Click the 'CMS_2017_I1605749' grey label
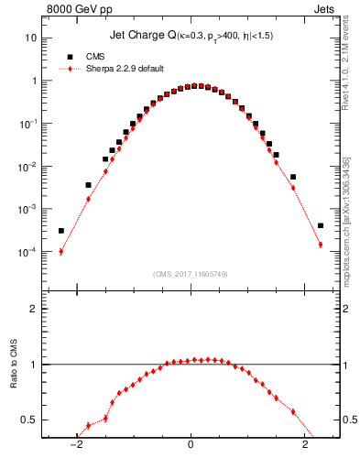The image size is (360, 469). coord(191,274)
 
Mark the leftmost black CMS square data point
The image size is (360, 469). coord(60,231)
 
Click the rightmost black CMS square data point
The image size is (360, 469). coord(321,225)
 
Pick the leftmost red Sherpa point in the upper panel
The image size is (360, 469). coord(60,252)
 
